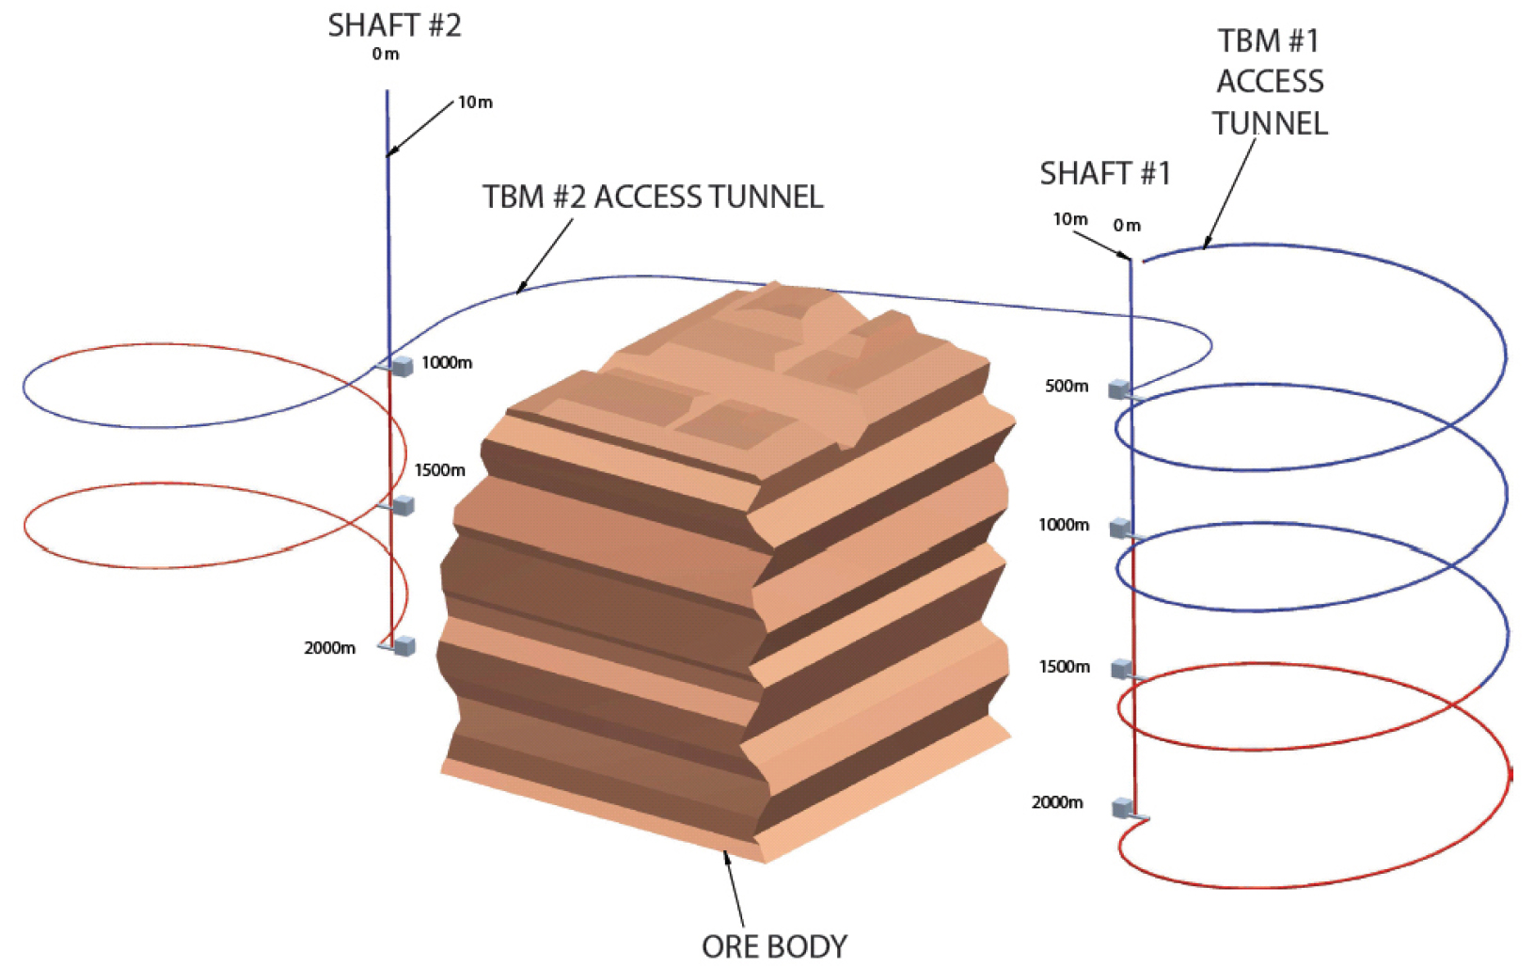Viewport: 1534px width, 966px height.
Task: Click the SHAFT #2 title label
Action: pos(394,25)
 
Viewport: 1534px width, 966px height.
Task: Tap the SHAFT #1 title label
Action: pos(1104,173)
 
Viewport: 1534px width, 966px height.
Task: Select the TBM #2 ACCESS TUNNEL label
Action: pos(653,197)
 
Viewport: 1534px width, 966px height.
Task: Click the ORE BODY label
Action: pos(774,945)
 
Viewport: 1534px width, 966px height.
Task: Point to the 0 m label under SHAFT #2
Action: pos(386,55)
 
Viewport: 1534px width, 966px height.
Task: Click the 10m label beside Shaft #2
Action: pos(475,102)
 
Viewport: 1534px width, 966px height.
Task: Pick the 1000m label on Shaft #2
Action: pos(447,362)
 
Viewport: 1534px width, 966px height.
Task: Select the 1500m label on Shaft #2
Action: pos(440,469)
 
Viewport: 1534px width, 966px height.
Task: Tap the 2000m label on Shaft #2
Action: pos(329,647)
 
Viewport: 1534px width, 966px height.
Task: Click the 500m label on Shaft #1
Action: pos(1067,386)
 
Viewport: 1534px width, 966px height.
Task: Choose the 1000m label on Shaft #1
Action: pos(1064,524)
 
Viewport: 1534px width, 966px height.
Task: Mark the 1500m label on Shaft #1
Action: pos(1064,666)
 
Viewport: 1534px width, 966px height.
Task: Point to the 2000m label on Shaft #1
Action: pos(1057,801)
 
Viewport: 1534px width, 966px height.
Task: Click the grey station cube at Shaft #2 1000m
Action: pos(403,366)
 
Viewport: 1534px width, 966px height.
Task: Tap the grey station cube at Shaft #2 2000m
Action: pos(404,645)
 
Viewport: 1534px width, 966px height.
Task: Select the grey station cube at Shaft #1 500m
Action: pos(1118,388)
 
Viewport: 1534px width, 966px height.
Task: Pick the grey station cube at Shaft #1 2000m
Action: pos(1123,807)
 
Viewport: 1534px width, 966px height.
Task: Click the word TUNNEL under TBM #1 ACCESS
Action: pos(1269,123)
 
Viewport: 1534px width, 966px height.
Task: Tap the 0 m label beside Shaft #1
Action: pos(1127,226)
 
